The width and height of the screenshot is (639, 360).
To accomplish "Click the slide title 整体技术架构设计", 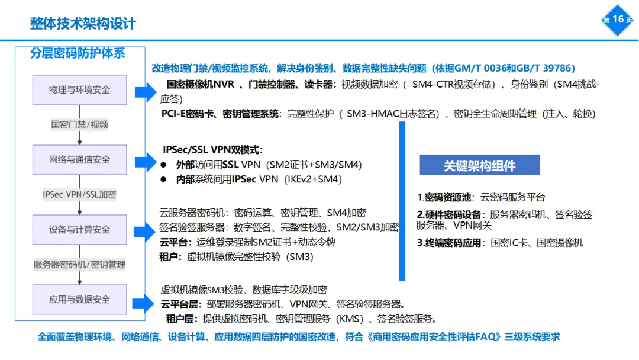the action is click(83, 23).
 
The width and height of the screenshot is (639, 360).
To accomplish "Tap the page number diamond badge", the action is click(618, 20).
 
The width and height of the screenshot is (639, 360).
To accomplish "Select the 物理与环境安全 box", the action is click(79, 90).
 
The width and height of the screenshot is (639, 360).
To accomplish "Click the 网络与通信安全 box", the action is click(79, 160).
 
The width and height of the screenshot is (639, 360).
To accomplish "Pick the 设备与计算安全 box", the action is click(79, 230).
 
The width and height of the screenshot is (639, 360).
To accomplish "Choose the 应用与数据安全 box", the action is click(79, 300).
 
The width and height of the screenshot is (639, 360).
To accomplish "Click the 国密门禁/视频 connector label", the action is click(79, 125).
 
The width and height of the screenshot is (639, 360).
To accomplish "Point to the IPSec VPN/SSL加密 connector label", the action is click(79, 194).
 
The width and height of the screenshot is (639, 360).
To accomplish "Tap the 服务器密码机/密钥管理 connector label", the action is click(79, 265).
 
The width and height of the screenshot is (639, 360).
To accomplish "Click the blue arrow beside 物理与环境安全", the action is click(144, 92).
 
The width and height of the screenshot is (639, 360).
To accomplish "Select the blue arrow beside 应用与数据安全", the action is click(144, 303).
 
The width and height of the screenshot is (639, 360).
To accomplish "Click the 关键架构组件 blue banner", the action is click(479, 166).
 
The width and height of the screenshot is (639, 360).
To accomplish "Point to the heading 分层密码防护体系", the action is click(78, 53).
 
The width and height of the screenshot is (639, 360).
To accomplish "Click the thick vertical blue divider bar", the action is click(402, 201).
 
